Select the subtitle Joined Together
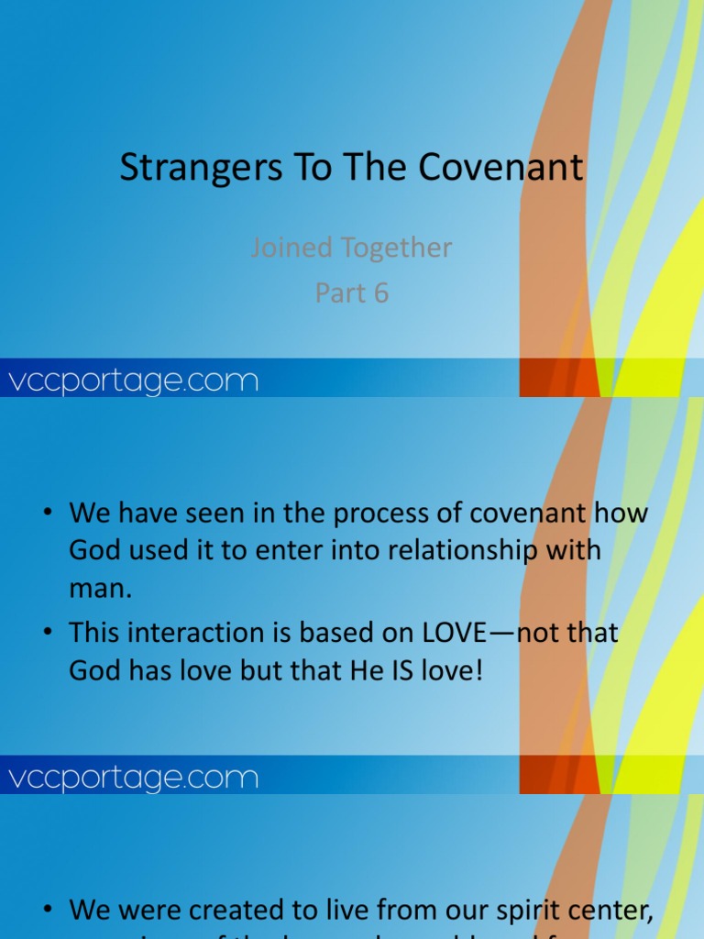point(351,248)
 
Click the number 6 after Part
point(379,293)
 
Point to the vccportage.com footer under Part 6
point(133,381)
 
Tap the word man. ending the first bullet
point(101,589)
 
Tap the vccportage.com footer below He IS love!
point(133,779)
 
